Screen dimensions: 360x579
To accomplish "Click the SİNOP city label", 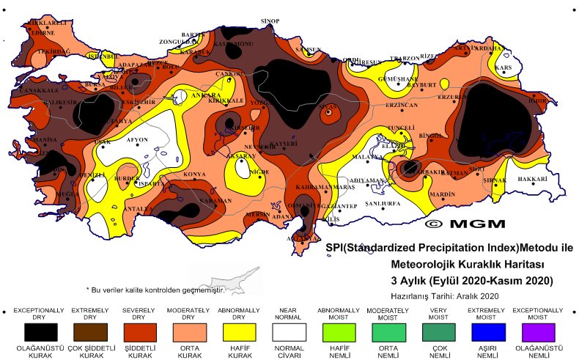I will click(270, 22).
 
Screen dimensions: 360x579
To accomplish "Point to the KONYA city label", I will click(194, 175).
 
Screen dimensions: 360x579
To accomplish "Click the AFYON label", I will click(138, 139).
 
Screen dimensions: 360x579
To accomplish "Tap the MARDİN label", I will click(443, 194).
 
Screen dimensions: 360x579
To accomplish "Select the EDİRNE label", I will click(41, 33).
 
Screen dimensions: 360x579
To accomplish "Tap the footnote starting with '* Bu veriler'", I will click(154, 290).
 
